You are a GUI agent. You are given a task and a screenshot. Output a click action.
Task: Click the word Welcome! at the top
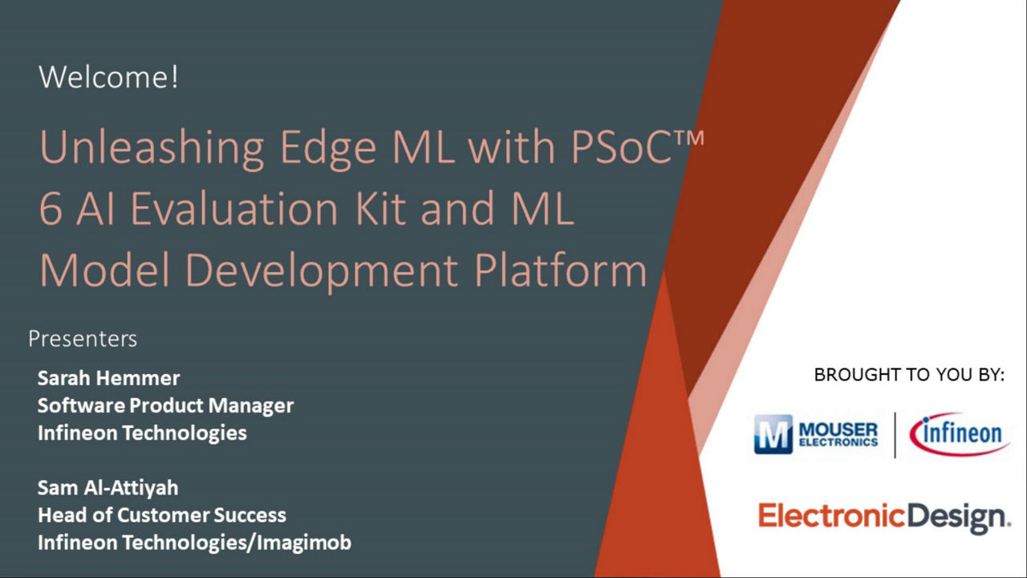[x=108, y=76]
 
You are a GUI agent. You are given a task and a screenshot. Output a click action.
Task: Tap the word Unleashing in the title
[x=152, y=148]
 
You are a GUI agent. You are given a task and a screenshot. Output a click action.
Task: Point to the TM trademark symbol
[x=688, y=138]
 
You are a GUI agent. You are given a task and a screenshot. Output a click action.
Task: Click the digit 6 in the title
[x=51, y=209]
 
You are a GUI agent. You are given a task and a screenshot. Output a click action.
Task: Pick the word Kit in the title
[x=380, y=208]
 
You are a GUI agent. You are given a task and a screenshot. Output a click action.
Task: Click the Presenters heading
[x=83, y=339]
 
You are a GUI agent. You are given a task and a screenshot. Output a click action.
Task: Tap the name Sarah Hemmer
[x=108, y=378]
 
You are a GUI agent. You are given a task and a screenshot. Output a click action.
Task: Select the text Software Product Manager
[x=165, y=405]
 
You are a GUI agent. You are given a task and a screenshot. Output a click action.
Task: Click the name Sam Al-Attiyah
[x=108, y=487]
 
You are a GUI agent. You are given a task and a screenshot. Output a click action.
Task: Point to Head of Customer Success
[x=162, y=515]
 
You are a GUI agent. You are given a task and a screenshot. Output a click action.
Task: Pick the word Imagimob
[x=304, y=543]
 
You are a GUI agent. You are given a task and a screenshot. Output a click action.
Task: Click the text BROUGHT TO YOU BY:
[x=909, y=375]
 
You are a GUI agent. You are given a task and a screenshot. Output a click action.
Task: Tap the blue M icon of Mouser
[x=773, y=434]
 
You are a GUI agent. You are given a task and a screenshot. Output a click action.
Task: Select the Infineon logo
[x=960, y=434]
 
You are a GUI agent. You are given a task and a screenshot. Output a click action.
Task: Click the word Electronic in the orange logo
[x=832, y=515]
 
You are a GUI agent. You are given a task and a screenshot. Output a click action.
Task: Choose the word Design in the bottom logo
[x=958, y=518]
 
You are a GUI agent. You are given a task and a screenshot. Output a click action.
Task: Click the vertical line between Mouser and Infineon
[x=895, y=435]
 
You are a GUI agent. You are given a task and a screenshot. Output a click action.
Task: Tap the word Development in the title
[x=322, y=271]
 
